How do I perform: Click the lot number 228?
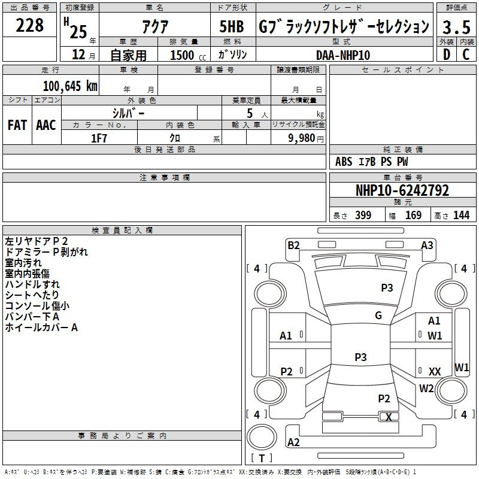(x=29, y=25)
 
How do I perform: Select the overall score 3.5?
(x=456, y=27)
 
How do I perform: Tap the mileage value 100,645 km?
(x=70, y=86)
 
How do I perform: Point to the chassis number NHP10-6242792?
(x=402, y=190)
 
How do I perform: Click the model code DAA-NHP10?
(x=343, y=55)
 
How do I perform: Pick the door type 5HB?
(x=232, y=26)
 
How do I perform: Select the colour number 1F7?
(x=99, y=138)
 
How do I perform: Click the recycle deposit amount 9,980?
(x=302, y=138)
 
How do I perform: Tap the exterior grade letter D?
(x=447, y=54)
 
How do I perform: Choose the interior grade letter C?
(x=466, y=54)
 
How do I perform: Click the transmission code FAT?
(x=17, y=125)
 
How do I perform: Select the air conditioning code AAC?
(x=46, y=125)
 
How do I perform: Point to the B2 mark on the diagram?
(x=293, y=245)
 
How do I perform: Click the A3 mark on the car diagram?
(x=427, y=245)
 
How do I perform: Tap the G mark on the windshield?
(x=378, y=315)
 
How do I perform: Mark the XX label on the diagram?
(x=435, y=371)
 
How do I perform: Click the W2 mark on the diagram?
(x=426, y=388)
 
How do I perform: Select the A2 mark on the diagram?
(x=293, y=442)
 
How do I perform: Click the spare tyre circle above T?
(x=262, y=436)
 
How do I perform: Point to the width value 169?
(x=413, y=215)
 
